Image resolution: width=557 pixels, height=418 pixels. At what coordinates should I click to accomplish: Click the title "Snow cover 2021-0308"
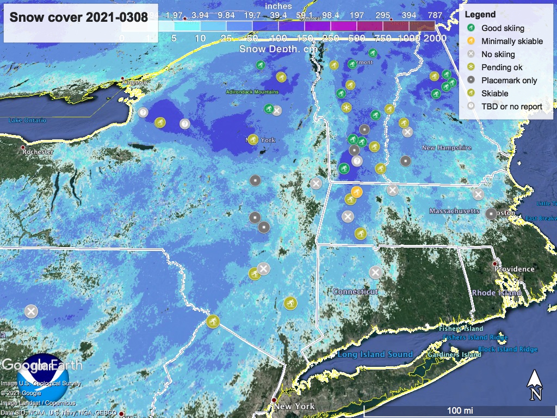point(79,17)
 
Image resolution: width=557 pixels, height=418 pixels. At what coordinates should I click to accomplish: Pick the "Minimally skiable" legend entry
point(512,41)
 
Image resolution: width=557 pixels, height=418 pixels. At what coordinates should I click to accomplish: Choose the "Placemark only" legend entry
point(509,81)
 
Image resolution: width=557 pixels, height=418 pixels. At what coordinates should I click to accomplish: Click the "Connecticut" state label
point(355,292)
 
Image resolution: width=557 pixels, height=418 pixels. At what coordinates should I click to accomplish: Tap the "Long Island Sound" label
point(375,354)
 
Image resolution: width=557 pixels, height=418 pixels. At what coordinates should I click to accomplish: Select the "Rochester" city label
point(38,152)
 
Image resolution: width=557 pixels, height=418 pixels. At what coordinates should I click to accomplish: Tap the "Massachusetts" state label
point(454,211)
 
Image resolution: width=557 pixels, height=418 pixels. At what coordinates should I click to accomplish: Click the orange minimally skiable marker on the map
point(356,192)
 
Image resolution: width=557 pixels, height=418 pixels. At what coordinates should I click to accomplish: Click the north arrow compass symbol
point(535,385)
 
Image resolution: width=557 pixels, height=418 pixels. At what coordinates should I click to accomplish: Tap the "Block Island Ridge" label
point(508,349)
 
